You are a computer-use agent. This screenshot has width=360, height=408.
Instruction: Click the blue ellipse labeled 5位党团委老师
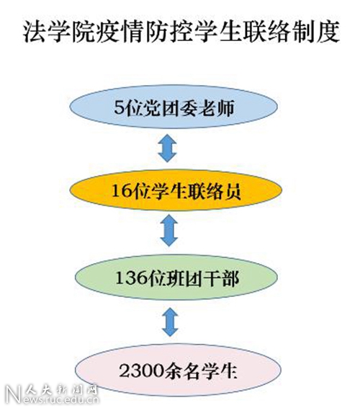(174, 107)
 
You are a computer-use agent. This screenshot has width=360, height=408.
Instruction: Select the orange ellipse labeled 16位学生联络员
(176, 190)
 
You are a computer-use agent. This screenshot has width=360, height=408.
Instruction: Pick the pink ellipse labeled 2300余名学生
(178, 370)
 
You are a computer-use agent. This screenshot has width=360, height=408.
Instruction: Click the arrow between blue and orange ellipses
(167, 148)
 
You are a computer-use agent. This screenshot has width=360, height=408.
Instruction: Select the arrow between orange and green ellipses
(169, 231)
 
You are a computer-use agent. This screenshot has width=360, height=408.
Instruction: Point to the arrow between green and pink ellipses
(170, 321)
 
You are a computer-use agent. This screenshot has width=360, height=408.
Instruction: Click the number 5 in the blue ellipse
(119, 107)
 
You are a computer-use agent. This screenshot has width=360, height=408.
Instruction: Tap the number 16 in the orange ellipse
(120, 191)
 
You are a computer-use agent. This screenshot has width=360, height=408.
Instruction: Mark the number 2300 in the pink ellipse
(142, 371)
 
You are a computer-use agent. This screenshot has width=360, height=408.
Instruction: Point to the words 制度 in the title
(315, 32)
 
